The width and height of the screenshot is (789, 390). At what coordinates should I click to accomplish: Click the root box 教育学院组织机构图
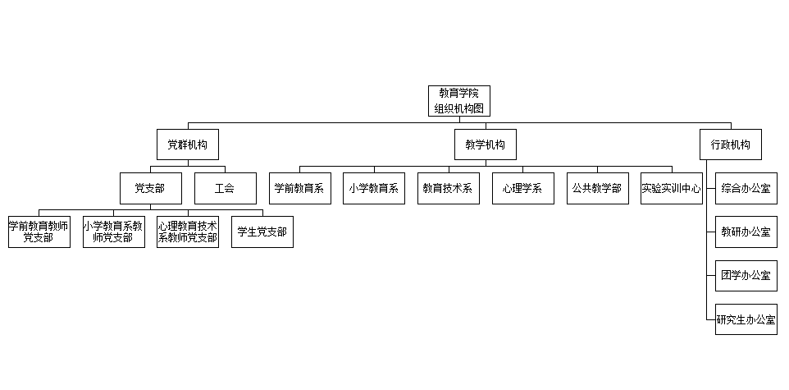pyautogui.click(x=459, y=100)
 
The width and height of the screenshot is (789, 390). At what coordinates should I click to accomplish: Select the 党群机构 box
pyautogui.click(x=188, y=145)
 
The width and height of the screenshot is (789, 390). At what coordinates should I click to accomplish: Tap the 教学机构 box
pyautogui.click(x=486, y=145)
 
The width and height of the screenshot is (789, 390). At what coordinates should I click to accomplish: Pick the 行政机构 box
pyautogui.click(x=730, y=145)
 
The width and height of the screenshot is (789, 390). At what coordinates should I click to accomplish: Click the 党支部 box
pyautogui.click(x=150, y=188)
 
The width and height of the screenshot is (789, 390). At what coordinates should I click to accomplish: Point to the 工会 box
pyautogui.click(x=225, y=188)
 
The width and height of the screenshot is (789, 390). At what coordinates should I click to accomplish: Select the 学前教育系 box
pyautogui.click(x=299, y=188)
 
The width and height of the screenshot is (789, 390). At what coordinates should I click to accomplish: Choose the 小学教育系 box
pyautogui.click(x=374, y=188)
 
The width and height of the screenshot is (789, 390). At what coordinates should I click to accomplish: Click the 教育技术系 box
pyautogui.click(x=448, y=188)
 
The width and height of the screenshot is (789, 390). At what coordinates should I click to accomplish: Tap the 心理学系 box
pyautogui.click(x=522, y=188)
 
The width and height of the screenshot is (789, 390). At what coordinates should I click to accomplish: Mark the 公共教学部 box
pyautogui.click(x=597, y=188)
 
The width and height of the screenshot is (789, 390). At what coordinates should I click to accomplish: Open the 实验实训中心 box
pyautogui.click(x=671, y=188)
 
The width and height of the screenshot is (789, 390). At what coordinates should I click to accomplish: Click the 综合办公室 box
pyautogui.click(x=746, y=188)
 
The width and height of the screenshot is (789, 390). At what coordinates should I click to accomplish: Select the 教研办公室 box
pyautogui.click(x=746, y=232)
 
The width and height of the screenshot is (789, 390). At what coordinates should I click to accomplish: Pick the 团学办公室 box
pyautogui.click(x=746, y=275)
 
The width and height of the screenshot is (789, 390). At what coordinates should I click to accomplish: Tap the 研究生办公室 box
pyautogui.click(x=746, y=319)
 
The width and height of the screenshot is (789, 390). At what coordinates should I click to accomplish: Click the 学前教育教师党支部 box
pyautogui.click(x=39, y=232)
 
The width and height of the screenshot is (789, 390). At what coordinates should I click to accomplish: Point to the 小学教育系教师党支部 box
pyautogui.click(x=113, y=232)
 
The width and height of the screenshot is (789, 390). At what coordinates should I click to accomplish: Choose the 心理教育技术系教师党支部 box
pyautogui.click(x=188, y=232)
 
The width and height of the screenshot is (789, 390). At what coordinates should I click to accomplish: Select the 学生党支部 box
pyautogui.click(x=262, y=232)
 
